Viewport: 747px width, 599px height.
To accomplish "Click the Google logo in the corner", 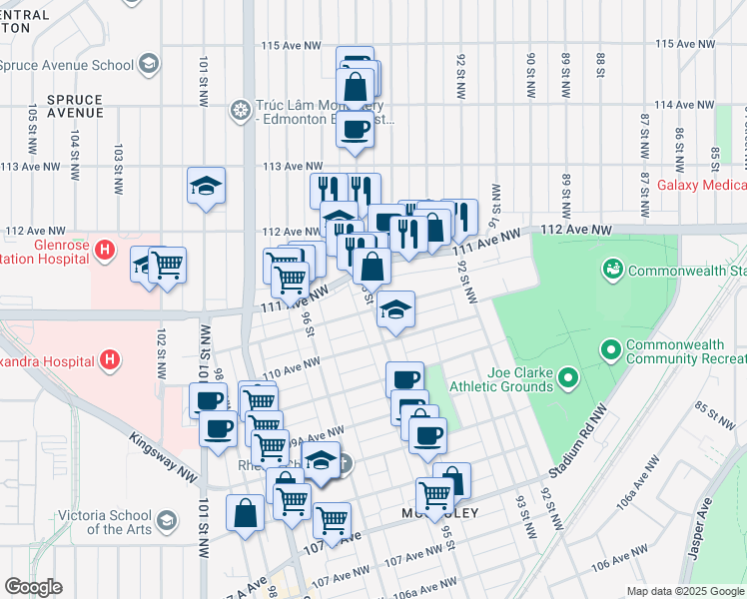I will (x=33, y=587).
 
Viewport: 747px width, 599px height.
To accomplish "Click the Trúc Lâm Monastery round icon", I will (x=240, y=109).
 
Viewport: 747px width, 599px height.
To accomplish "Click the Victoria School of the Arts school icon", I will (x=167, y=521).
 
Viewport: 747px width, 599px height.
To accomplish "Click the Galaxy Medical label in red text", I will (x=697, y=186).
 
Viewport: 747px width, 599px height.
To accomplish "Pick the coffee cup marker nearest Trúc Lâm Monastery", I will (x=355, y=130).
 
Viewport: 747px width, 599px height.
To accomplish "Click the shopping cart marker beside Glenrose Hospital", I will (x=168, y=266).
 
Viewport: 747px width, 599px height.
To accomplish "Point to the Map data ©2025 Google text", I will (x=685, y=591).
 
